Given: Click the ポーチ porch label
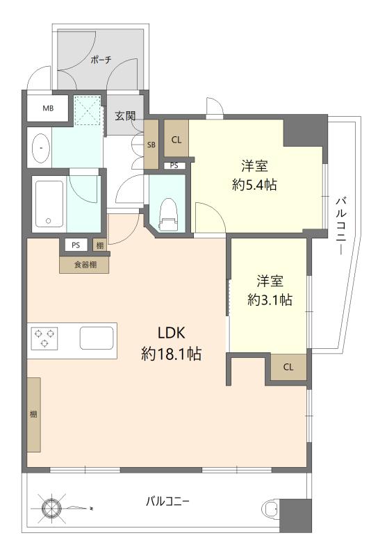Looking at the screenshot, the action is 101,60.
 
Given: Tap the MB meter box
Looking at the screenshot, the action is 48,108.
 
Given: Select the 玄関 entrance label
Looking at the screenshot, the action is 125,115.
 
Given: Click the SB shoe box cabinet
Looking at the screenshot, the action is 151,145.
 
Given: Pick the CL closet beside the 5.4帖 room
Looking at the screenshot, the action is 176,140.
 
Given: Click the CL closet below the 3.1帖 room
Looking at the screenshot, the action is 288,367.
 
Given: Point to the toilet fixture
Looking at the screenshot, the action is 169,215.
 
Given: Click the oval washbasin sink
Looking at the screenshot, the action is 41,147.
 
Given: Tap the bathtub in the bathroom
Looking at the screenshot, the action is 49,204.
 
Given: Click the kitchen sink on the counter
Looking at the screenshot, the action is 97,338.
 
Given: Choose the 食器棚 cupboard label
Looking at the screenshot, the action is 85,265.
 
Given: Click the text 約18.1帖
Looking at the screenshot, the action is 172,354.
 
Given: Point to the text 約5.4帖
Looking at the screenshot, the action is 254,184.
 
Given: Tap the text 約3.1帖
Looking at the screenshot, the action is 270,300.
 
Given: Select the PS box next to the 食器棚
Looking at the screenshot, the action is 76,245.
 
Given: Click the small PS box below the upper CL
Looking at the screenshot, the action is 174,165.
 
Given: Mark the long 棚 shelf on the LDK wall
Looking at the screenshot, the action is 33,414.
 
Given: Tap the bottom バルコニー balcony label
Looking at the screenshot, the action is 167,501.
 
